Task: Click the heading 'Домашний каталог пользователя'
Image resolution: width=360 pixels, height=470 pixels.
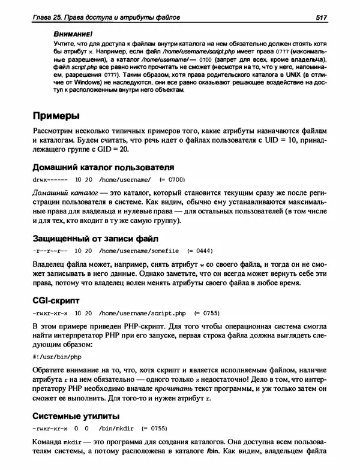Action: pyautogui.click(x=103, y=166)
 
